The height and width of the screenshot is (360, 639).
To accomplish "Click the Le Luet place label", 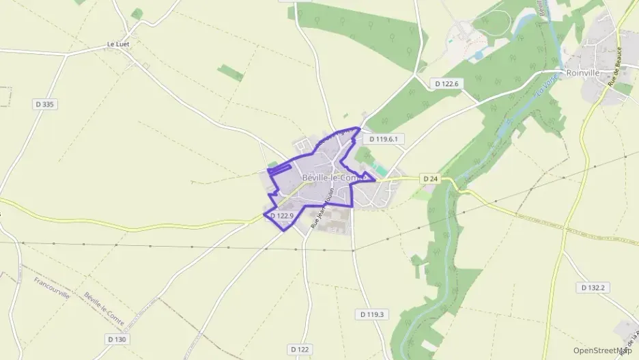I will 118,44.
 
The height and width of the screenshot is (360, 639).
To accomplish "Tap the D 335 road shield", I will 44,104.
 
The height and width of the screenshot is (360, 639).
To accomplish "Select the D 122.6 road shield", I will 448,83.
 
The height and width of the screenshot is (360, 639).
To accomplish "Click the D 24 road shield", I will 429,179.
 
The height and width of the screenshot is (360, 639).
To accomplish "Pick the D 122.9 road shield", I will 282,216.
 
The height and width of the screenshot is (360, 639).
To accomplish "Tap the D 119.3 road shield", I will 371,314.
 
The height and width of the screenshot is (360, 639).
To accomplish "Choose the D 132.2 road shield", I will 593,288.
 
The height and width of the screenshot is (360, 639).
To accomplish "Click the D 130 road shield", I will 117,339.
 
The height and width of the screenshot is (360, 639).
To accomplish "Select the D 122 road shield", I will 299,349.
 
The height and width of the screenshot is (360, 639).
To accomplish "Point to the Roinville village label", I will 582,72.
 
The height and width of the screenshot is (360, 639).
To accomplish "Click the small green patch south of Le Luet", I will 231,72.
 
